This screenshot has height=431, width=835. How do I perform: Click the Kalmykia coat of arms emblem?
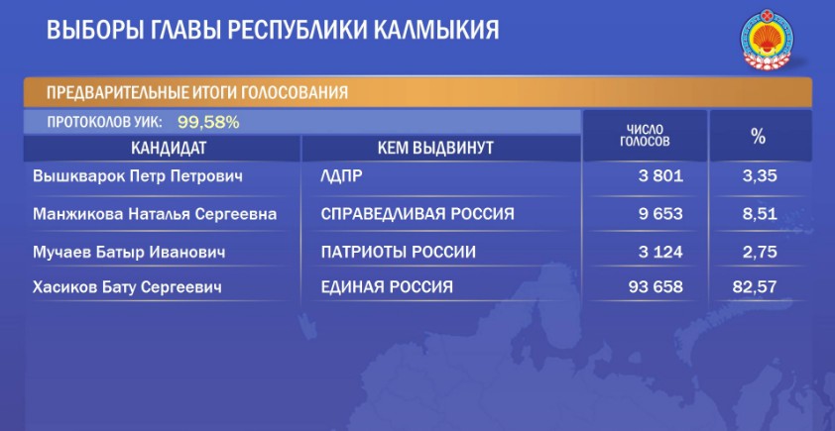[x=767, y=39]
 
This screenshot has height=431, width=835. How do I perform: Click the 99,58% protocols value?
[x=208, y=123]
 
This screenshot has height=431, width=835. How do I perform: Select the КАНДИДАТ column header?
[x=169, y=149]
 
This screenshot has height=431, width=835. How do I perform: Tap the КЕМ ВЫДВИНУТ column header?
[x=435, y=149]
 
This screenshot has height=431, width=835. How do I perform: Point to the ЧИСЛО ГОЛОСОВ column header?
[x=645, y=136]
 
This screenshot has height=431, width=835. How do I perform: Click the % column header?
[x=758, y=136]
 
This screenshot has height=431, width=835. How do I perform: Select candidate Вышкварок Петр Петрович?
[x=138, y=176]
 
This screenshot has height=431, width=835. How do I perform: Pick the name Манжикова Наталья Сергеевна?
[x=155, y=214]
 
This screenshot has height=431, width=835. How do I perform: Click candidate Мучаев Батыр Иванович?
[x=129, y=251]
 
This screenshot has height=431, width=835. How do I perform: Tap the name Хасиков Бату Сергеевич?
[x=127, y=288]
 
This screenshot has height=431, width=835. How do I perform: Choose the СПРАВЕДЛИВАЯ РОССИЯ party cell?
[x=417, y=214]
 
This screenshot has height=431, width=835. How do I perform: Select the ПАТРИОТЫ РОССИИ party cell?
[x=399, y=251]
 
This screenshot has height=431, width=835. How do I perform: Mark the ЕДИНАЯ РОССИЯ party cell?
[x=387, y=288]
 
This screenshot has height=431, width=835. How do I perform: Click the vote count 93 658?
[x=656, y=288]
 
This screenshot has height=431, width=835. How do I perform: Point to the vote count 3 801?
[x=660, y=176]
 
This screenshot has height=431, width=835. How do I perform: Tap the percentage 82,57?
[x=755, y=288]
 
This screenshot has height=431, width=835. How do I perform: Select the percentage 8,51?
[x=760, y=214]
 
